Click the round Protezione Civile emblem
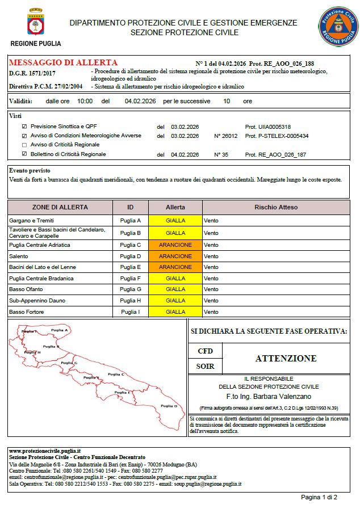337,26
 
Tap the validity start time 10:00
85,101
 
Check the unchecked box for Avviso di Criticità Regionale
24,145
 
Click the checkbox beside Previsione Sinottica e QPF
24,126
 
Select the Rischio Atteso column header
276,207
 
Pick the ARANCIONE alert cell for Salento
175,256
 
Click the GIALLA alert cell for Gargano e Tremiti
175,220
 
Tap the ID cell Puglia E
131,267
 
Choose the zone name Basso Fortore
27,312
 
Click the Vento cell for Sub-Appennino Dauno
211,300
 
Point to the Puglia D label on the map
169,406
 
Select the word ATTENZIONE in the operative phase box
286,359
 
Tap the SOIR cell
205,367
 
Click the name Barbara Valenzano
286,396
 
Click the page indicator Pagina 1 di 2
319,497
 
